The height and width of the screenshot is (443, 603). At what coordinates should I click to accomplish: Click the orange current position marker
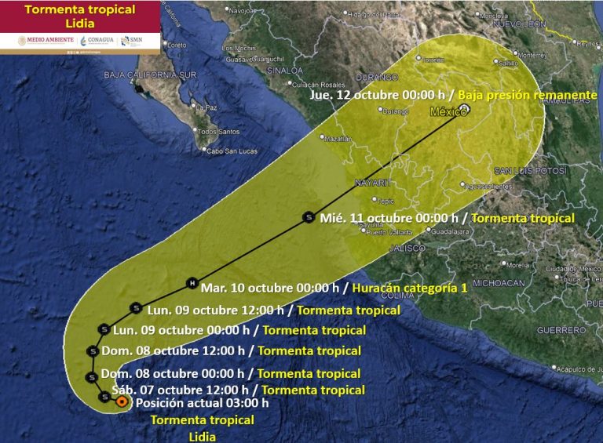coord(122,401)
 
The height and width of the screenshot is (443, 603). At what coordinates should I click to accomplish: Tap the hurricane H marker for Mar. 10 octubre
coord(191,283)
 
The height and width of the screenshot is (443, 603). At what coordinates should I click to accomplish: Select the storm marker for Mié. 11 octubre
coord(308,217)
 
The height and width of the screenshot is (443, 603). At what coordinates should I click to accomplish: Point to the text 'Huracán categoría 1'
coord(410,289)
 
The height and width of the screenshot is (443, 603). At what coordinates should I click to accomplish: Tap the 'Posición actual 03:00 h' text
coord(202,403)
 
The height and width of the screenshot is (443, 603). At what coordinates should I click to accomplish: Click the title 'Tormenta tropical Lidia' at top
coord(79,16)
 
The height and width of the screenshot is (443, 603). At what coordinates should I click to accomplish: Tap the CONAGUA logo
coord(97,41)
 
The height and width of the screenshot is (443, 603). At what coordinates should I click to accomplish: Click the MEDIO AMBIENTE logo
coord(37,41)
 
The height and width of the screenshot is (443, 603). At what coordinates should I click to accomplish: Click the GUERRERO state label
coord(561,330)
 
